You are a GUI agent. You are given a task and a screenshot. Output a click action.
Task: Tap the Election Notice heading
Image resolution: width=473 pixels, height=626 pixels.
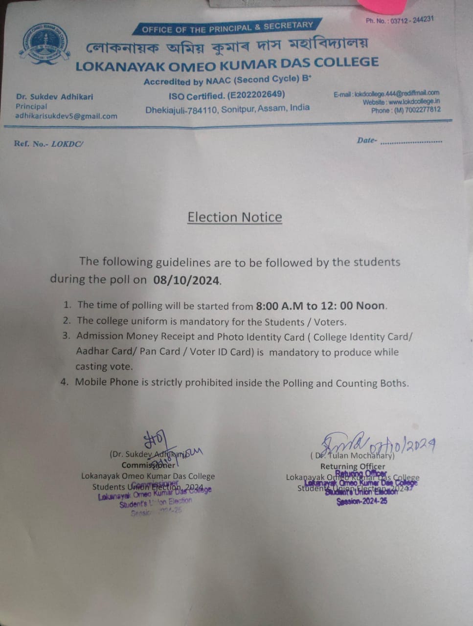coord(235,217)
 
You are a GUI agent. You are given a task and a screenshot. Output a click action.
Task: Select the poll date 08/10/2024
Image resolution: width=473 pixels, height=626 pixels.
coord(186,280)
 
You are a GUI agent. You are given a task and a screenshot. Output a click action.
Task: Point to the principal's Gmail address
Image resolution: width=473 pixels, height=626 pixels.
coord(66,116)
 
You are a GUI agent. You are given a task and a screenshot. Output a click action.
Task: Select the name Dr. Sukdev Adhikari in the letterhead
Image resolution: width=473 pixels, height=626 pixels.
coord(54,97)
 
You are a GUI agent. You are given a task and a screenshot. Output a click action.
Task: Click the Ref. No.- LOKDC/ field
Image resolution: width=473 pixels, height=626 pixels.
coord(49,144)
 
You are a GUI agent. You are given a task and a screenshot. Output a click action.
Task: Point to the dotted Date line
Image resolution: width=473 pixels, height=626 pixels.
coord(411,142)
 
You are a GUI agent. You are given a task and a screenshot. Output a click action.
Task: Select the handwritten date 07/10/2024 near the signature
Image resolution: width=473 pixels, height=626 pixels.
coord(403,446)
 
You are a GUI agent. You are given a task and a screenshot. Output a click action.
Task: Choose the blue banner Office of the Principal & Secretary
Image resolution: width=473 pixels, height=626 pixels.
coord(227,27)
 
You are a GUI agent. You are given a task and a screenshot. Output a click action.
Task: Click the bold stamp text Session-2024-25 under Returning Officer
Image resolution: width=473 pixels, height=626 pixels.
coord(362,501)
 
